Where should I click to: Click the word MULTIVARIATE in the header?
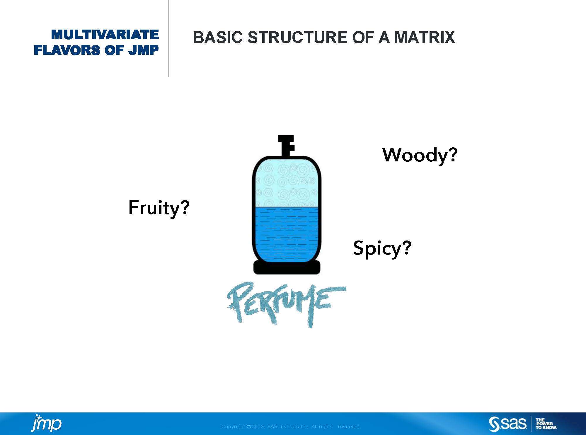click(105, 35)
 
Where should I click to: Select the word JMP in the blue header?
click(144, 50)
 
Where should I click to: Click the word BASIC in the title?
click(218, 37)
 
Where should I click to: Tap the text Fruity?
click(159, 208)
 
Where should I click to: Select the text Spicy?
click(382, 248)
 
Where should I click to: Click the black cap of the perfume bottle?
click(286, 145)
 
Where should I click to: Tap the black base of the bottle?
click(287, 267)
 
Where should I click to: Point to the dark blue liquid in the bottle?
click(287, 234)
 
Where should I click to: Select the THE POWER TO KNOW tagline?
click(546, 424)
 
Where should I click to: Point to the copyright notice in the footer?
click(290, 427)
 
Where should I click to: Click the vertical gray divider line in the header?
click(169, 38)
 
